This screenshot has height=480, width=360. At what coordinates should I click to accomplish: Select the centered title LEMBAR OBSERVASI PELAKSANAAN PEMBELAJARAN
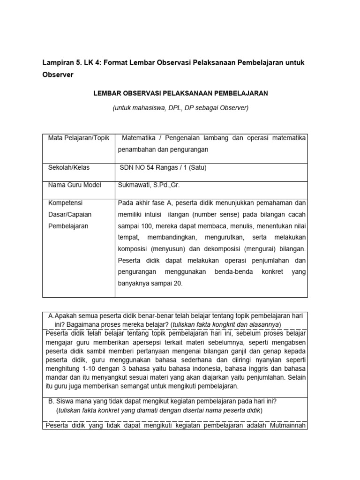(180, 93)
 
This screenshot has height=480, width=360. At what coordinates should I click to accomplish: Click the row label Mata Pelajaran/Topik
(75, 138)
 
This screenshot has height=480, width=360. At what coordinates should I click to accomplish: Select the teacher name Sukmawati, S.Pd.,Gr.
(148, 185)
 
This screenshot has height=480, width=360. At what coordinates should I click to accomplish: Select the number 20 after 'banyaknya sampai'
(178, 283)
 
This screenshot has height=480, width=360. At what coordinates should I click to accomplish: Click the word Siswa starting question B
(65, 401)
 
